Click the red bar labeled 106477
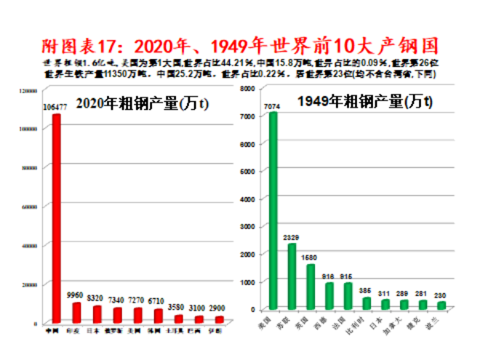tap(55, 218)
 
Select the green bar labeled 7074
tap(273, 211)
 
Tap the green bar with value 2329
tap(292, 276)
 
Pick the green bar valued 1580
tap(311, 287)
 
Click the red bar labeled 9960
tap(76, 313)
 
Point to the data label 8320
tap(95, 297)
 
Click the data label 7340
tap(116, 299)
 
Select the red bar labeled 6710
tap(158, 316)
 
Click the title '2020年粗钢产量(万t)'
tap(143, 104)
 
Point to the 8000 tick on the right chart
tap(247, 88)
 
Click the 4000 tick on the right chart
tap(247, 199)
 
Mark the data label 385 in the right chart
tap(367, 290)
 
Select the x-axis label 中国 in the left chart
tap(52, 332)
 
